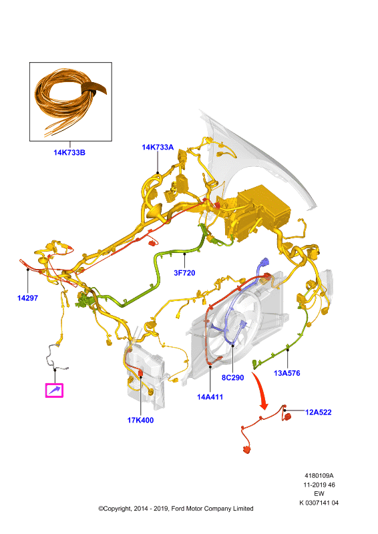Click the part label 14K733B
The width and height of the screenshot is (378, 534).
(69, 153)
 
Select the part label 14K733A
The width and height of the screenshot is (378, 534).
(158, 147)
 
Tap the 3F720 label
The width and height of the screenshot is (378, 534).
(184, 273)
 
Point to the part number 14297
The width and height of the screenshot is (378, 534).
(27, 298)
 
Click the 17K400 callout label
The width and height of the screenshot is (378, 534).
(140, 421)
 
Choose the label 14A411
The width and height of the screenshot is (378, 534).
(210, 396)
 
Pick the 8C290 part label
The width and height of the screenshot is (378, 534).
(233, 378)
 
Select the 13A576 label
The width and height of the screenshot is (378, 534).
(287, 373)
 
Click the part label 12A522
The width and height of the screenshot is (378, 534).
(319, 413)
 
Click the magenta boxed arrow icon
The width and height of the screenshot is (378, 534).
(54, 390)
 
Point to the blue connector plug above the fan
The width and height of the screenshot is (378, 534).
(264, 264)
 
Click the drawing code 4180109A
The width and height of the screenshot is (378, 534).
(319, 476)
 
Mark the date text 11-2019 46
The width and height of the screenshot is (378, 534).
(319, 485)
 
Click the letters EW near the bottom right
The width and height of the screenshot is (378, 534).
(319, 494)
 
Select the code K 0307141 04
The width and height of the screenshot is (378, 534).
(319, 503)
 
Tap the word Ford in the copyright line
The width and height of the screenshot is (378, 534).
(178, 509)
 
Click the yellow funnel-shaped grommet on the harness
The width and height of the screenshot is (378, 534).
(155, 212)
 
